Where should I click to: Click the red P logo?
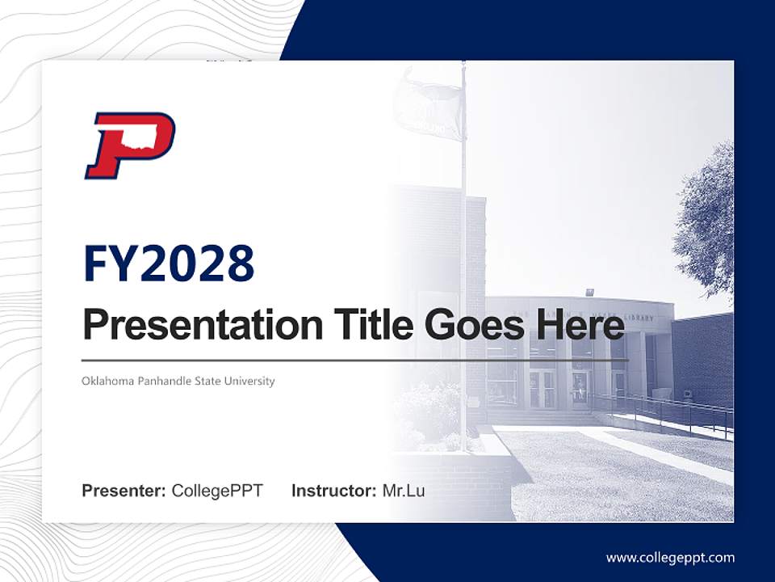tap(129, 145)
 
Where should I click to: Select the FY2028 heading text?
tap(169, 264)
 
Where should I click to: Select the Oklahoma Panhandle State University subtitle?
tap(178, 381)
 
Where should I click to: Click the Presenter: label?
tap(124, 491)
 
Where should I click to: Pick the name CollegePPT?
tap(217, 491)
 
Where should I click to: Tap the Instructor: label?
tap(333, 491)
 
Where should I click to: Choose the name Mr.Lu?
tap(404, 491)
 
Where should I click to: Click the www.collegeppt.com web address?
tap(670, 557)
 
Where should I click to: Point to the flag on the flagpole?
tap(428, 105)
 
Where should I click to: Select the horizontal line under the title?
tap(355, 360)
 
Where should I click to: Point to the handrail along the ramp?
tap(662, 408)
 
